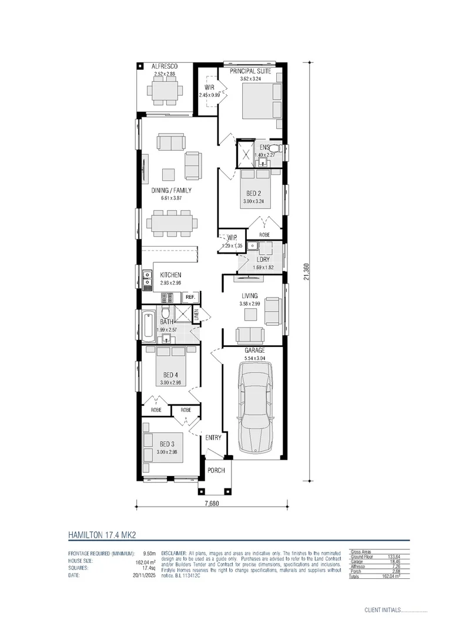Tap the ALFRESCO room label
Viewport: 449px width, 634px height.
[165, 66]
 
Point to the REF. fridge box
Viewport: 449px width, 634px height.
[190, 297]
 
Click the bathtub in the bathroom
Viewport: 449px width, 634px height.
[147, 326]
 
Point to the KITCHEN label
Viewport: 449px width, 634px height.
[170, 275]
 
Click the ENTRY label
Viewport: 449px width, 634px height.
[212, 437]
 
